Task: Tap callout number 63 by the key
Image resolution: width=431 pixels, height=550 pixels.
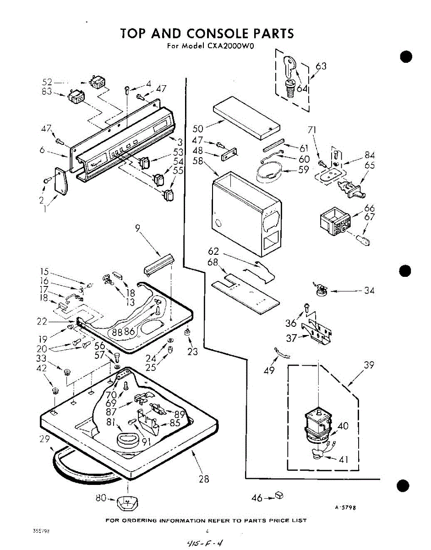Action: coord(321,66)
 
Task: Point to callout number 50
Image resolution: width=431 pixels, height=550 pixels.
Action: coord(198,128)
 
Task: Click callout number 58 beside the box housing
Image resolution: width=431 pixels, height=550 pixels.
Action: coord(198,161)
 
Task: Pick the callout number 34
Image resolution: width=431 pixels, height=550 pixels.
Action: coord(369,291)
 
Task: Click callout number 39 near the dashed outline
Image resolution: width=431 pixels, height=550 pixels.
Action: coord(369,365)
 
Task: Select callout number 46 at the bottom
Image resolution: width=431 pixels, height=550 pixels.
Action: coord(258,498)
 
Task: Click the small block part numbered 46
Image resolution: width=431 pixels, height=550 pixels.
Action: coord(278,495)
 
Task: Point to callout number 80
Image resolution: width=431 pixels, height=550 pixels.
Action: coord(101,497)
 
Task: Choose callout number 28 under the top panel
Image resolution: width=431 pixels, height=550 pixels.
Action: coord(204,479)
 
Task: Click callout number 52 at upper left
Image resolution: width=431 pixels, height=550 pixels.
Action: coord(47,82)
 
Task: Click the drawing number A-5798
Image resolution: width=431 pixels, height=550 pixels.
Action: coord(345,507)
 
